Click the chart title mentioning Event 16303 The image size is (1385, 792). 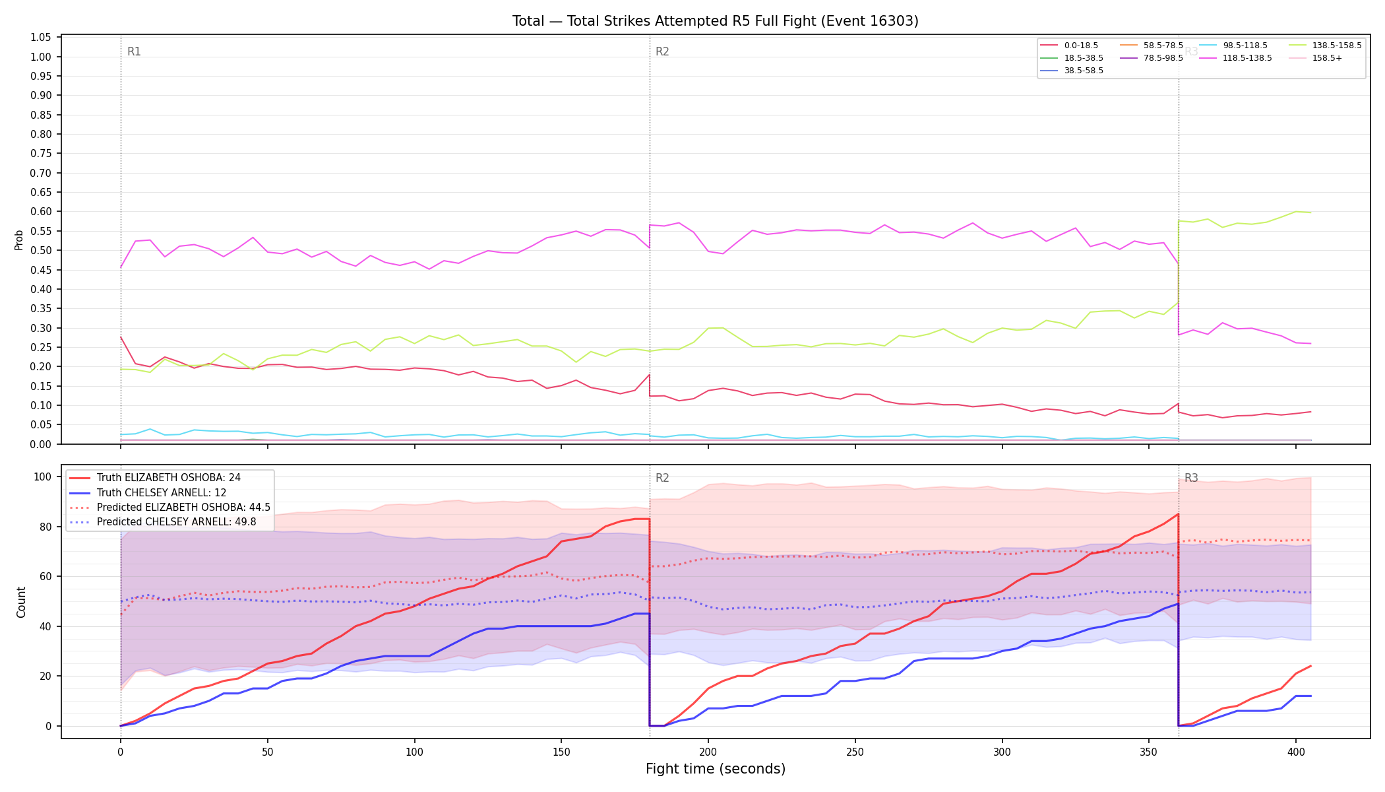click(x=716, y=21)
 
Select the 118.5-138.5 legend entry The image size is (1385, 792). click(x=1235, y=58)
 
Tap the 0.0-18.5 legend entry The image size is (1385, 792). click(x=1069, y=46)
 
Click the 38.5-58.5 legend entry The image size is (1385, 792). click(x=1072, y=71)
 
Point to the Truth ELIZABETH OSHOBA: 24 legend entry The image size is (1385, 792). click(x=156, y=478)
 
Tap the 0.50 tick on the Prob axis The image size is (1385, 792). click(x=41, y=251)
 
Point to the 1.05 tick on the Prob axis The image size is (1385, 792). click(x=41, y=38)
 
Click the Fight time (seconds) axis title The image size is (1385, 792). click(x=716, y=770)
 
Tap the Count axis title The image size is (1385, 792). click(x=21, y=602)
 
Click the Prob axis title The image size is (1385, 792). click(x=19, y=240)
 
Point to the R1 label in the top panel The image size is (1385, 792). click(x=134, y=51)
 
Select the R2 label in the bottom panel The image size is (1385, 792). click(x=662, y=478)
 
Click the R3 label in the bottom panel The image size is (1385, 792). click(x=1191, y=478)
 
